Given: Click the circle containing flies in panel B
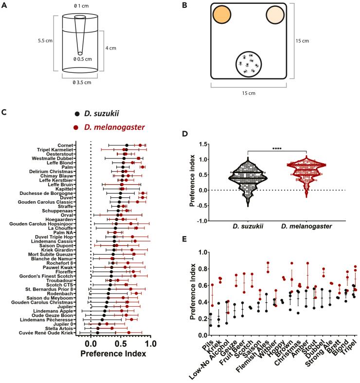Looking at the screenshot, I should coord(249,64).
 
